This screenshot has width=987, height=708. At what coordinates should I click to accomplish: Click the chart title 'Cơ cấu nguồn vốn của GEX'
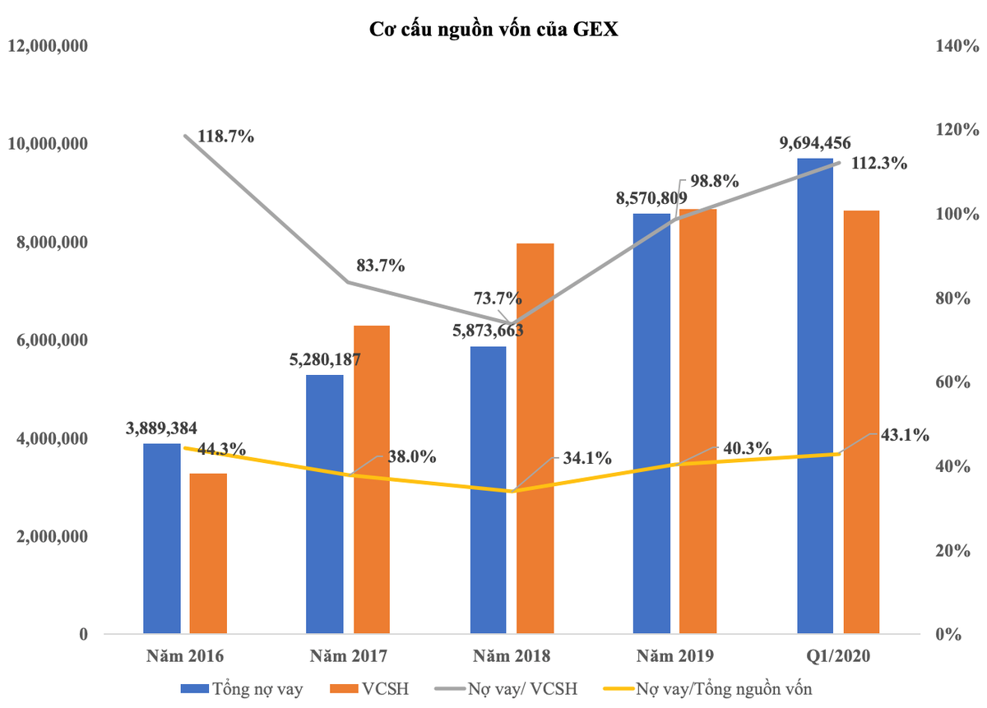pos(493,30)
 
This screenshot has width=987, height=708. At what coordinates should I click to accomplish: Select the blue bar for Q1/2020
pos(815,396)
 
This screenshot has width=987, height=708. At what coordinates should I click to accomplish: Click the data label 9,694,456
pos(814,144)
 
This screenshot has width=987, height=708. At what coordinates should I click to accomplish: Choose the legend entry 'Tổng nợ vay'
pos(243,688)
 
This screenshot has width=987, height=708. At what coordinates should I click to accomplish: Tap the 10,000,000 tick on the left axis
pos(48,144)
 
